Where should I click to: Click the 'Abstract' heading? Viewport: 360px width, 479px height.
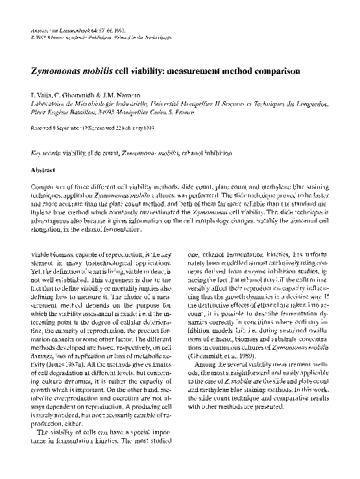point(43,170)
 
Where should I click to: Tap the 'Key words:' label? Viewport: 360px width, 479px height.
point(44,153)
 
